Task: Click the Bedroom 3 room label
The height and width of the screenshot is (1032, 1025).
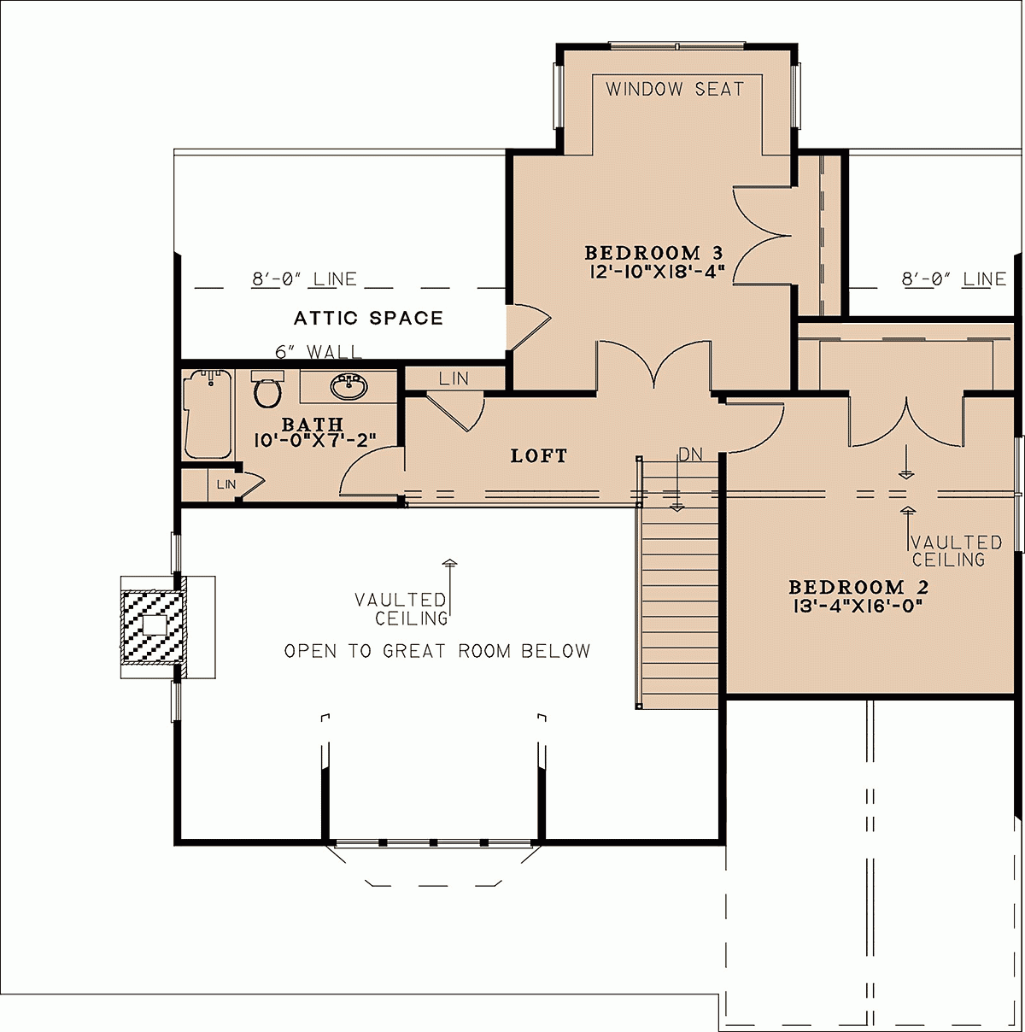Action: pos(653,253)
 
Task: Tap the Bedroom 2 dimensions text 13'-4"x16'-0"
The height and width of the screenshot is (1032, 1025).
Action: pos(858,606)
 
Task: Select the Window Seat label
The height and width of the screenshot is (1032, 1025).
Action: pos(675,89)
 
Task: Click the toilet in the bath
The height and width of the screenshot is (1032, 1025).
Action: pos(267,390)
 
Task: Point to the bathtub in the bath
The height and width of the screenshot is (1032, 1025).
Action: pos(208,413)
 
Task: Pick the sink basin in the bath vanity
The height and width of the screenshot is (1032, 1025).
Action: pos(348,387)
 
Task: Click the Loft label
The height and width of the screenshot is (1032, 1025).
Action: pos(539,456)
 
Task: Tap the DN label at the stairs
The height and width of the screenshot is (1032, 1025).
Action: pos(690,454)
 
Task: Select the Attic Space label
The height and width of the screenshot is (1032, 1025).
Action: pos(368,319)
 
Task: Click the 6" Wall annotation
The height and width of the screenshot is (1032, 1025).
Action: pos(318,352)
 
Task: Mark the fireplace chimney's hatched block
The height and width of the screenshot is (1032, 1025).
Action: pos(154,626)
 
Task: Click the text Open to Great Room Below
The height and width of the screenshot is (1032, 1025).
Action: pos(436,651)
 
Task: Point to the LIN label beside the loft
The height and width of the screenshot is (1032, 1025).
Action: pos(454,378)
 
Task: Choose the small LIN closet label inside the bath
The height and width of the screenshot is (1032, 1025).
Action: pos(225,484)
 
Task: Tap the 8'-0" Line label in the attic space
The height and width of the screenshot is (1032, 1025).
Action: pos(304,279)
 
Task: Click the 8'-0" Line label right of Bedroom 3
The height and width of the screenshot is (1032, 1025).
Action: pos(953,279)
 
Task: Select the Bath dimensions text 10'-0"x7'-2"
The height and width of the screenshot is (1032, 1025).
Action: pos(315,440)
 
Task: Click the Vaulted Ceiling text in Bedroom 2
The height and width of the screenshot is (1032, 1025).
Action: pos(955,551)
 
